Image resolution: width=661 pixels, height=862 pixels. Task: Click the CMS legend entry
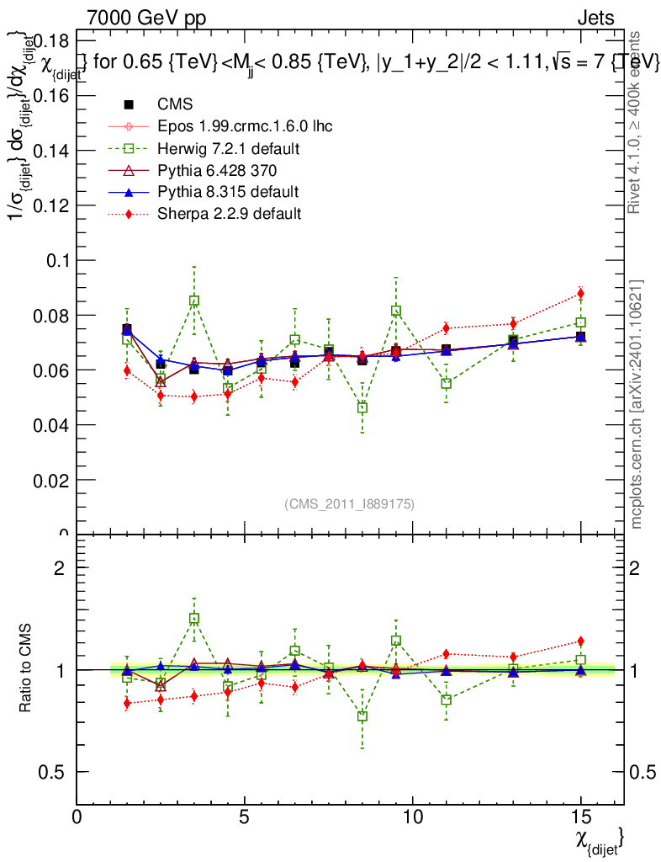[175, 104]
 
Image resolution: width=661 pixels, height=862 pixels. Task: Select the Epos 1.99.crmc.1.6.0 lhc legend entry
[245, 126]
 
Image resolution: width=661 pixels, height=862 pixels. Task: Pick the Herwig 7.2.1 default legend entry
[229, 148]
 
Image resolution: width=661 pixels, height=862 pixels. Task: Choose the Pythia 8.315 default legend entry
[228, 192]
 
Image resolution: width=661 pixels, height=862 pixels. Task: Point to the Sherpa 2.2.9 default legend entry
[229, 214]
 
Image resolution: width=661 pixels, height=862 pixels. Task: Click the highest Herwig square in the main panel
[194, 301]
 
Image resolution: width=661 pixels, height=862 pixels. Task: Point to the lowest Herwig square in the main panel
[362, 407]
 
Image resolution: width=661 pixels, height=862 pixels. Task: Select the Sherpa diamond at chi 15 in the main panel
[580, 294]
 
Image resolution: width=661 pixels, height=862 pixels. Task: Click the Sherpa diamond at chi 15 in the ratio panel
[580, 641]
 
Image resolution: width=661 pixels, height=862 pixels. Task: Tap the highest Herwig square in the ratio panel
[194, 619]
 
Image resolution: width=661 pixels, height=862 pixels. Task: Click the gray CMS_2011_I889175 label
[350, 503]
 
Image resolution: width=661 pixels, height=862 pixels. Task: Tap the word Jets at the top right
[595, 18]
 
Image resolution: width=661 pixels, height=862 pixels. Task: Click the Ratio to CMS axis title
[26, 669]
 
